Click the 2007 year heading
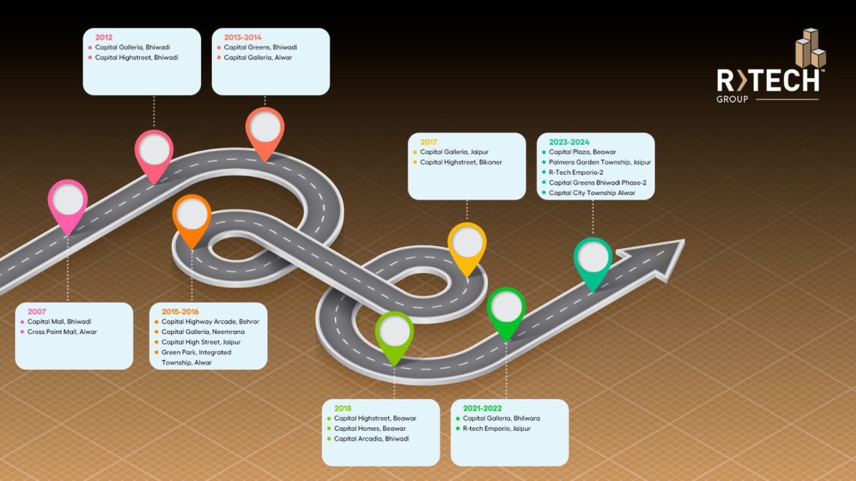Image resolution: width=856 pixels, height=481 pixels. pyautogui.click(x=37, y=311)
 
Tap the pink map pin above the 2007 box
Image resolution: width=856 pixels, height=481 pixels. pyautogui.click(x=68, y=201)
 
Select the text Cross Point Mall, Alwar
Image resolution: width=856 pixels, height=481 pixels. pyautogui.click(x=62, y=332)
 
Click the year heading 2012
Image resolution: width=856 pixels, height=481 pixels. pyautogui.click(x=104, y=37)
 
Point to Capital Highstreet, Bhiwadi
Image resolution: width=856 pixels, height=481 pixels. pyautogui.click(x=137, y=58)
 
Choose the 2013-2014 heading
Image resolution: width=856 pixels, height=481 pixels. pyautogui.click(x=243, y=37)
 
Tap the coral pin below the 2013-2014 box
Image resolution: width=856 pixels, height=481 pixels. pyautogui.click(x=264, y=128)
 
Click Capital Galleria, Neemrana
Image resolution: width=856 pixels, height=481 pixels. pyautogui.click(x=203, y=332)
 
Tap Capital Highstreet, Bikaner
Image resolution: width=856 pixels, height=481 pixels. pyautogui.click(x=461, y=162)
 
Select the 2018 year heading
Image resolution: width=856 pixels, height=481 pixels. pyautogui.click(x=342, y=408)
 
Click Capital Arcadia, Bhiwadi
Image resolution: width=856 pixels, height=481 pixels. pyautogui.click(x=371, y=439)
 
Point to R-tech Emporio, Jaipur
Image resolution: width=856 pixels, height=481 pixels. pyautogui.click(x=496, y=428)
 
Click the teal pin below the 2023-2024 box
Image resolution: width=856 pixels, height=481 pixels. pyautogui.click(x=593, y=259)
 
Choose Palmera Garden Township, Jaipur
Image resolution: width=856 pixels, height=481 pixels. pyautogui.click(x=600, y=162)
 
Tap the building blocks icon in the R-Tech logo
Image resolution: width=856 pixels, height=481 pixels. pyautogui.click(x=810, y=50)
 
